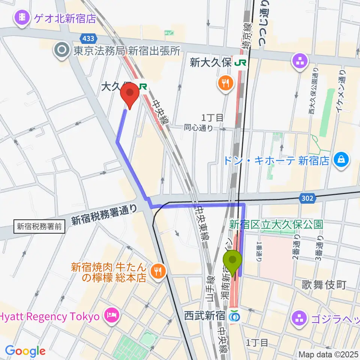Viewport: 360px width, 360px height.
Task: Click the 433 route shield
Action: (89, 38)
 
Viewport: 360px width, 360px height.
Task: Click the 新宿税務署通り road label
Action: (104, 215)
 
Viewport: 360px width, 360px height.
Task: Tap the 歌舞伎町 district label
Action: (324, 285)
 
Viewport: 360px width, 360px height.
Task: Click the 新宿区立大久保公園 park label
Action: (276, 225)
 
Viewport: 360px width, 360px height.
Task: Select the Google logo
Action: (25, 351)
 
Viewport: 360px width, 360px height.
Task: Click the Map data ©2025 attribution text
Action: (329, 354)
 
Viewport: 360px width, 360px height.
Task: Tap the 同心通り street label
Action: (198, 128)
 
